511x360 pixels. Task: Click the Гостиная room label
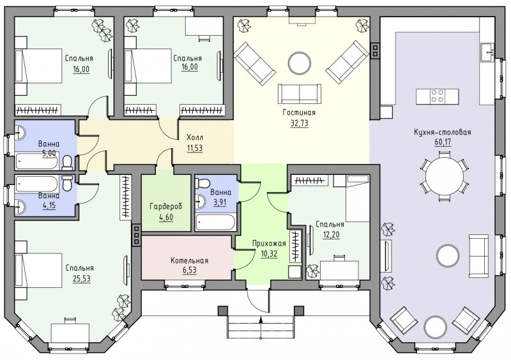[299, 113]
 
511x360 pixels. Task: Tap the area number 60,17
[443, 142]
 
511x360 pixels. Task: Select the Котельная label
[189, 260]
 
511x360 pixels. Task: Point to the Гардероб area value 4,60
[166, 216]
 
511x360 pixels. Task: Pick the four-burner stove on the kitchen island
[438, 96]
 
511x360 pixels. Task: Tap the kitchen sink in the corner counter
[487, 52]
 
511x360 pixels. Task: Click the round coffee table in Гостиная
[300, 64]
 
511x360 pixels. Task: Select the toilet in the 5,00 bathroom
[68, 163]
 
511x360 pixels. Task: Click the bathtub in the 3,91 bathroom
[215, 223]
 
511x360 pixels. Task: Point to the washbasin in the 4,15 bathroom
[20, 207]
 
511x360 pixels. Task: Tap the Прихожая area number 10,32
[269, 253]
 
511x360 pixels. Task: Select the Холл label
[195, 137]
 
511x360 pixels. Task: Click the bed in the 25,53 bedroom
[38, 271]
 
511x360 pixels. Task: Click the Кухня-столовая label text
[443, 133]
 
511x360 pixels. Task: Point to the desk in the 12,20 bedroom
[339, 270]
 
